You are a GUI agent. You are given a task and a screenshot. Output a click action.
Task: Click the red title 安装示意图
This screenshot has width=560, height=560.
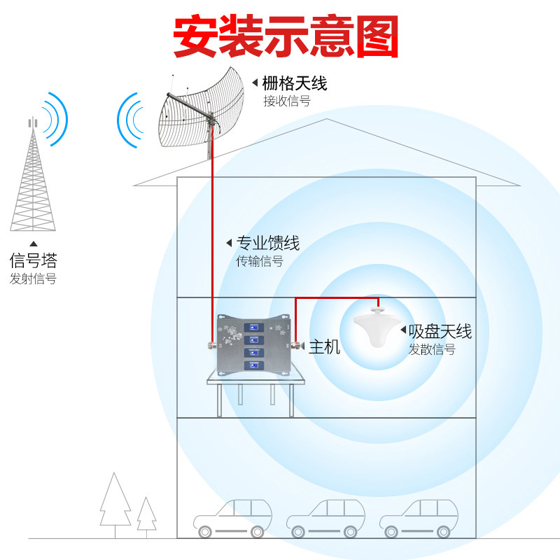point(286,36)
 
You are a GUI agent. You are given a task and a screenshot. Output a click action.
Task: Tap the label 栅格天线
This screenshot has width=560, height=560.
point(294,84)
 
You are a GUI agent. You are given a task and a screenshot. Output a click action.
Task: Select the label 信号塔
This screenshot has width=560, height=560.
point(33,260)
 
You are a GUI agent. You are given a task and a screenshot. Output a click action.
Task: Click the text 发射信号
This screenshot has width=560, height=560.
point(33,279)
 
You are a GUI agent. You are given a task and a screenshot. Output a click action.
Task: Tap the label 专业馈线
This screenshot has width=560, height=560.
point(268,243)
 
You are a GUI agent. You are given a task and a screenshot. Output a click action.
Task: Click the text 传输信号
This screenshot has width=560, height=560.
point(260,262)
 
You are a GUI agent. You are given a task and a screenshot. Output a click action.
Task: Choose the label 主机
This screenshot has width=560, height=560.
point(324,346)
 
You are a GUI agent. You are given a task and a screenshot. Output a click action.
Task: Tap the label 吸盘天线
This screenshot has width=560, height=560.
point(440,331)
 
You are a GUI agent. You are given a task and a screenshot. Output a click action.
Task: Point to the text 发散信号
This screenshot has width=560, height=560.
point(432,349)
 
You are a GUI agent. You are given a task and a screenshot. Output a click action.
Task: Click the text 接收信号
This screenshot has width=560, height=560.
point(286,101)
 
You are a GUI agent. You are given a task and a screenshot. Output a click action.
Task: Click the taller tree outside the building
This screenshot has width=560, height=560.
point(115,501)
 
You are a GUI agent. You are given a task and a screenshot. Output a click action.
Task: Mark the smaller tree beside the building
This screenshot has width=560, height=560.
point(146,515)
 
